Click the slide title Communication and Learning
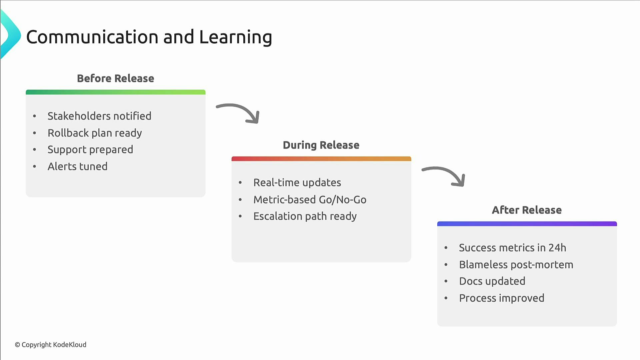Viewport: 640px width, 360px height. pyautogui.click(x=149, y=37)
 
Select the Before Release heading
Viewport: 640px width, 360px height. pyautogui.click(x=115, y=78)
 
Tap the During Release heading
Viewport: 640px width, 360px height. pyautogui.click(x=321, y=145)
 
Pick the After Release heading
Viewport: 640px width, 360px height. pyautogui.click(x=527, y=210)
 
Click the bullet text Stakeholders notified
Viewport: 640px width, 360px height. pyautogui.click(x=99, y=116)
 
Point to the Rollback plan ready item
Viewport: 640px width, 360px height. pyautogui.click(x=95, y=133)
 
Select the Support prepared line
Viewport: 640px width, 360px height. pyautogui.click(x=90, y=150)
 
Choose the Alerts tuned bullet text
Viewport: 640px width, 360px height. pyautogui.click(x=77, y=166)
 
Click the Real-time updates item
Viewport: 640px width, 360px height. pyautogui.click(x=297, y=183)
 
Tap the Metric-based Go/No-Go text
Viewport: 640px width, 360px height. pyautogui.click(x=310, y=200)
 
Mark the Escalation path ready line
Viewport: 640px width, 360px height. pyautogui.click(x=305, y=216)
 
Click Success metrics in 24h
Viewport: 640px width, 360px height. pyautogui.click(x=512, y=248)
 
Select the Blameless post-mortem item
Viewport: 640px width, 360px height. pyautogui.click(x=516, y=265)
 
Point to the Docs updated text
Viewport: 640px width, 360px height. pyautogui.click(x=492, y=281)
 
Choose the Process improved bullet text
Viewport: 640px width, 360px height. pyautogui.click(x=501, y=298)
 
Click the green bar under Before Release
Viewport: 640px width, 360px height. pyautogui.click(x=115, y=92)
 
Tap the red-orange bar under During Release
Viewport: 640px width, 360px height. pyautogui.click(x=321, y=159)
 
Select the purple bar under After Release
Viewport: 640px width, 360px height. pyautogui.click(x=527, y=224)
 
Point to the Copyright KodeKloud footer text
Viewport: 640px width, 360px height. pyautogui.click(x=50, y=345)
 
